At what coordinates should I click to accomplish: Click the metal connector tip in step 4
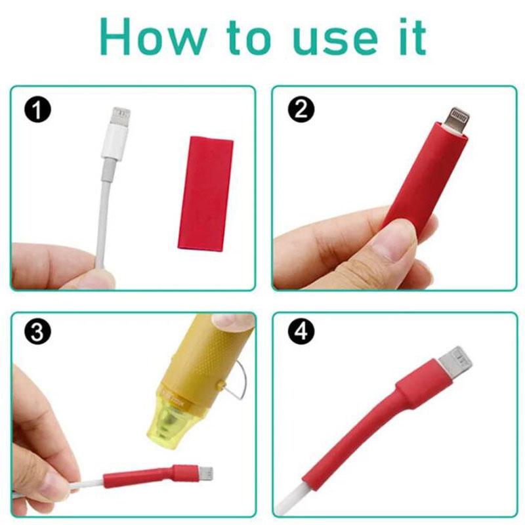[459, 360]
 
